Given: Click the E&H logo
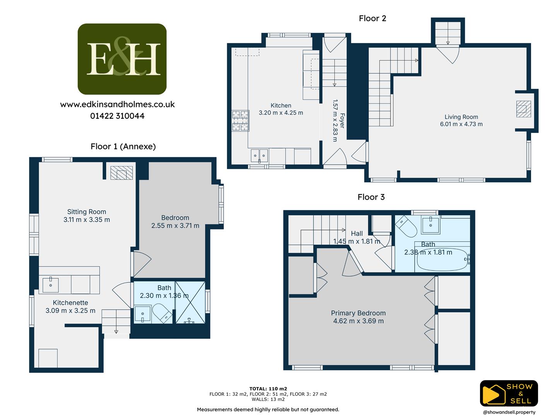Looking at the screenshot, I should [122, 59].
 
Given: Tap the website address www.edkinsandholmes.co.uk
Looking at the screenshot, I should [118, 104].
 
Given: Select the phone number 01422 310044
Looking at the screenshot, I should [118, 116].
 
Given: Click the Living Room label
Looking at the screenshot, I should [461, 117].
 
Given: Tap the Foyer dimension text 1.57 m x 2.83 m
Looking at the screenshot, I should [335, 120].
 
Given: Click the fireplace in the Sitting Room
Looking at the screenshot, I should [121, 173].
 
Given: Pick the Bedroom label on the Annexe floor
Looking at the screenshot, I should [175, 218].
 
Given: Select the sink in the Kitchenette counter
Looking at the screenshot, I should [51, 284].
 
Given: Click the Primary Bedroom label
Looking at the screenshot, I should [358, 313].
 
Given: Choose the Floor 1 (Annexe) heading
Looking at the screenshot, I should [123, 146].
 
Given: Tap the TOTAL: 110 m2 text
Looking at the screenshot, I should [268, 389].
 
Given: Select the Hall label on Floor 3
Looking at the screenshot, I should [357, 233].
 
